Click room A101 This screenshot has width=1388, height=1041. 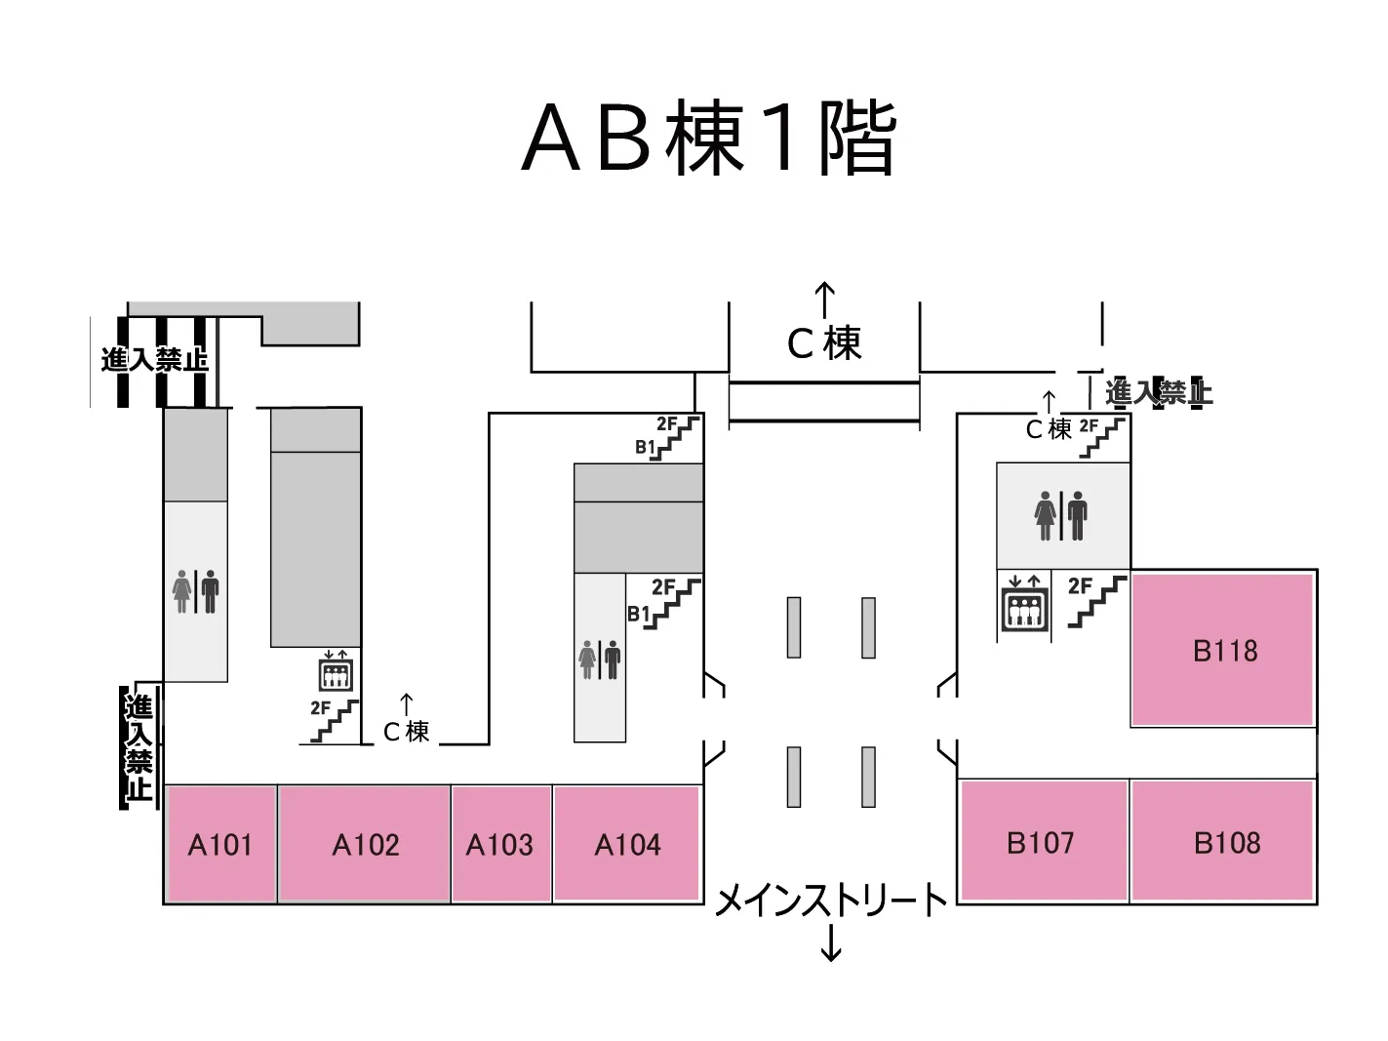[219, 844]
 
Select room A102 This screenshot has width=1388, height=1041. [365, 844]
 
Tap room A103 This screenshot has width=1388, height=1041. [499, 844]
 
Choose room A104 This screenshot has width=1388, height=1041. [627, 844]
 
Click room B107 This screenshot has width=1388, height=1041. [1041, 842]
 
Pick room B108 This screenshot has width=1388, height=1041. [1226, 842]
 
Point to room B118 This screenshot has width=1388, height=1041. [1225, 651]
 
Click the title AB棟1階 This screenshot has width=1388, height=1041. [709, 138]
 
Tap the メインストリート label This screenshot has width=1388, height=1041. [831, 901]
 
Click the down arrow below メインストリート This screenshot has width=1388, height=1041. [831, 942]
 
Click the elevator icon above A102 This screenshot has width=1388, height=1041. [335, 671]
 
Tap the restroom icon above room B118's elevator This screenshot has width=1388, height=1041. [1061, 515]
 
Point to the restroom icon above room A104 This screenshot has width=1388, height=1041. [600, 661]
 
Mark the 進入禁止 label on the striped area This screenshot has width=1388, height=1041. [154, 359]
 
